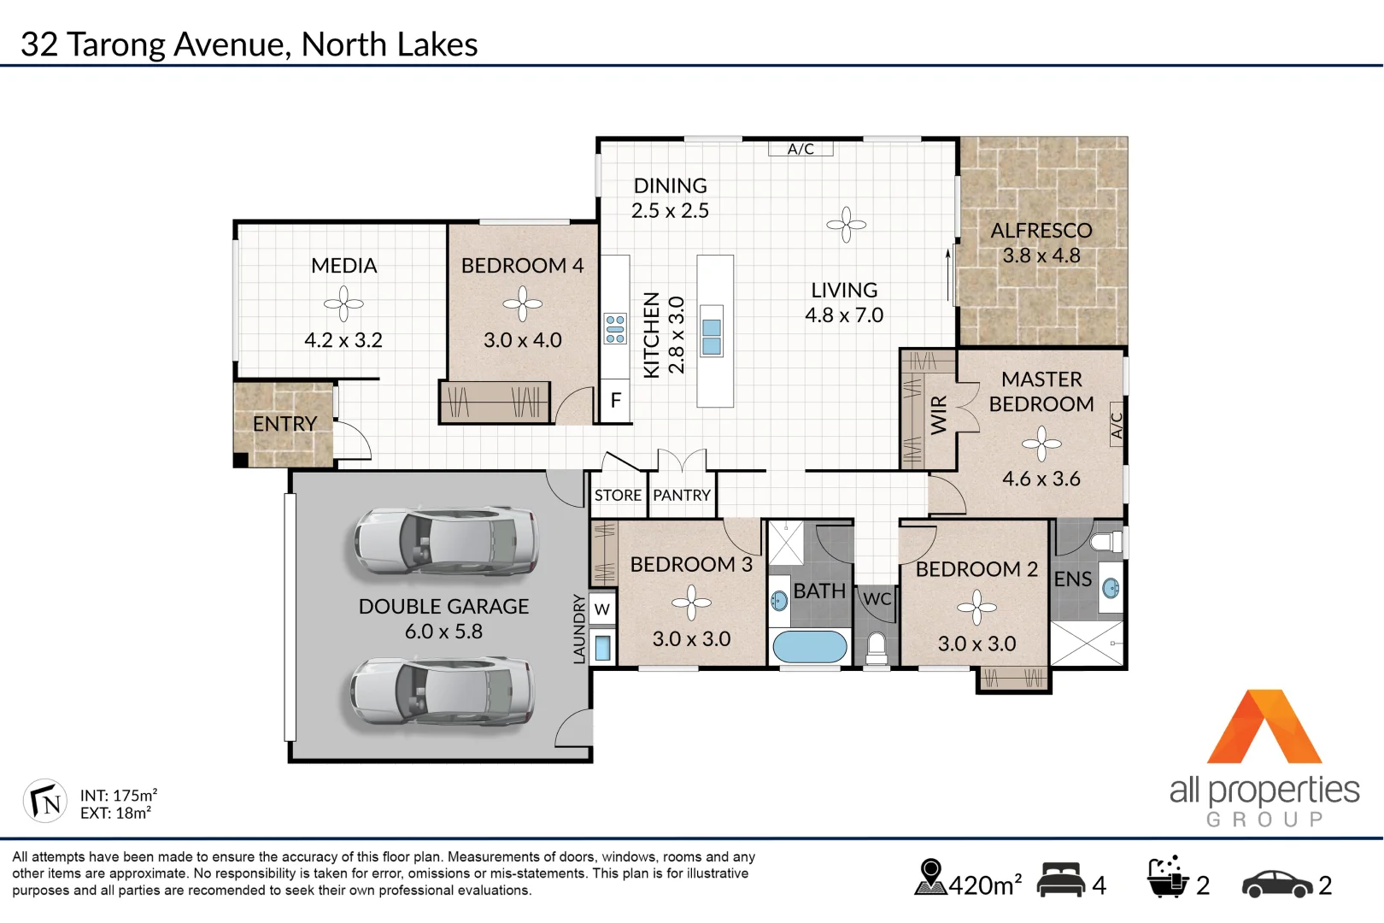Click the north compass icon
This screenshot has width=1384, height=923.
(44, 802)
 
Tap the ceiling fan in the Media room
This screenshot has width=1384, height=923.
(343, 303)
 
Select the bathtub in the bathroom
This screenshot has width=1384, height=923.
(809, 647)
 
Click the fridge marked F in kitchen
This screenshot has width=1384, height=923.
(615, 400)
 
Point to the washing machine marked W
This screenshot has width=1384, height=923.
(602, 609)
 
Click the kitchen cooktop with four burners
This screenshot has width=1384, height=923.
(615, 329)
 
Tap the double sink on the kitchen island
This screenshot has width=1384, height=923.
(712, 337)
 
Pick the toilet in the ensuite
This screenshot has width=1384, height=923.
(1108, 541)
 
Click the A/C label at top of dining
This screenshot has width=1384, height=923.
(800, 149)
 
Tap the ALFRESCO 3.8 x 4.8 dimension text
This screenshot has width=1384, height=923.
(1041, 256)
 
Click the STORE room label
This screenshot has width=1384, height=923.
(618, 496)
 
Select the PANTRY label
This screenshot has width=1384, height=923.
(682, 496)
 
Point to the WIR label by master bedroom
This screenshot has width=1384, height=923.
(938, 415)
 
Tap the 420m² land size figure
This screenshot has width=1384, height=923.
(985, 885)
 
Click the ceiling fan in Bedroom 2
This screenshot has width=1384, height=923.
(976, 608)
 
